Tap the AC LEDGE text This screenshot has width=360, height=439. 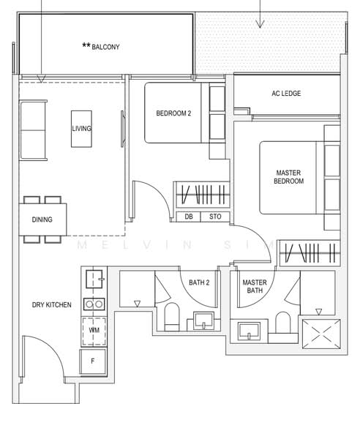[x=286, y=94]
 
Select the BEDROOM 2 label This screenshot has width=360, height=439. [x=173, y=113]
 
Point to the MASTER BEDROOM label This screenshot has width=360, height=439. [x=288, y=177]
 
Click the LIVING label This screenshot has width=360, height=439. [x=81, y=129]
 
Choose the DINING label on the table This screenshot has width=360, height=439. [x=42, y=219]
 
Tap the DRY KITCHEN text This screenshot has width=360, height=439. [x=51, y=304]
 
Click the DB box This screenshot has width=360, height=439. [x=189, y=217]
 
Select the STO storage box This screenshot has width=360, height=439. [x=215, y=217]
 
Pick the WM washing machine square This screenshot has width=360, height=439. [x=94, y=330]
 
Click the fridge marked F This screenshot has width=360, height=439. [x=94, y=361]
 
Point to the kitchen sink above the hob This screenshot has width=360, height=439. [x=94, y=279]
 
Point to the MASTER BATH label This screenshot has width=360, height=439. [x=254, y=286]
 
